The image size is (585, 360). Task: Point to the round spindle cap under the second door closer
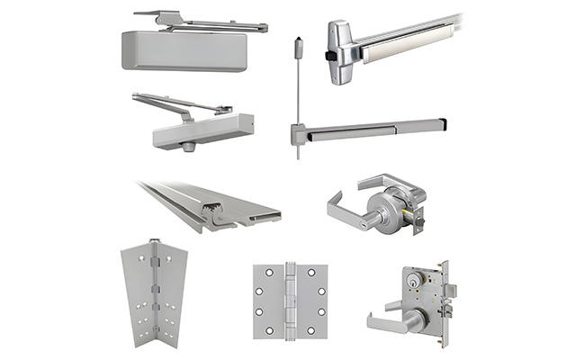click(x=188, y=147)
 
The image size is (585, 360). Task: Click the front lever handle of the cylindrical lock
click(x=346, y=207)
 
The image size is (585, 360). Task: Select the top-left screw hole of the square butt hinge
click(x=259, y=273)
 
